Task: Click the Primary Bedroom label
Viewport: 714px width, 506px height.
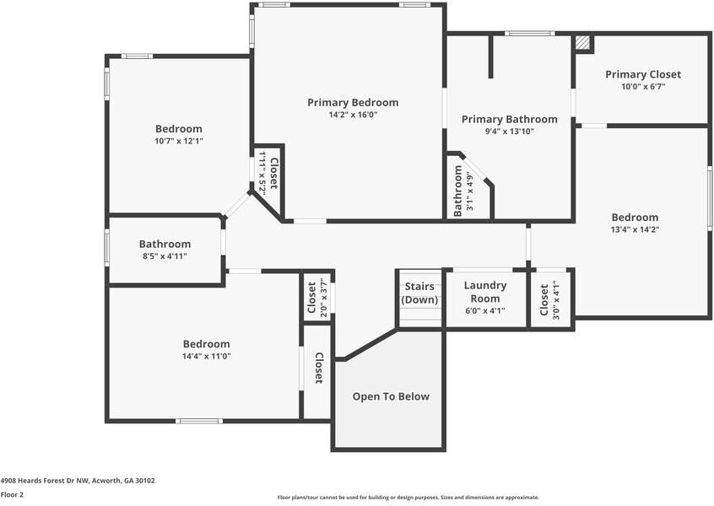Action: click(x=352, y=102)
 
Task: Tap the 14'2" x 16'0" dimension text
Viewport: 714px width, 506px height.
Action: click(x=352, y=115)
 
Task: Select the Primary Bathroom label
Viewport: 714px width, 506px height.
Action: click(x=509, y=119)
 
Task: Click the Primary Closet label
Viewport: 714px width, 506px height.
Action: click(x=643, y=74)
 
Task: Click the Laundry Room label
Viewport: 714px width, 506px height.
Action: click(x=485, y=292)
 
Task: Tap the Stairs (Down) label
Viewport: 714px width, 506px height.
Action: click(x=419, y=293)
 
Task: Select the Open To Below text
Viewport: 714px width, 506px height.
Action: click(x=391, y=396)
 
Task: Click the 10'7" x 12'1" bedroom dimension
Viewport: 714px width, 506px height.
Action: click(x=178, y=141)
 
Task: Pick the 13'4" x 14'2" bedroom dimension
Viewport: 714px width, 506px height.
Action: click(x=635, y=229)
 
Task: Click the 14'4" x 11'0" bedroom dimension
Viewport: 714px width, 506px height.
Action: click(x=206, y=356)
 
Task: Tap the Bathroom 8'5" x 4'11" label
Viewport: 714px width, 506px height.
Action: click(x=165, y=250)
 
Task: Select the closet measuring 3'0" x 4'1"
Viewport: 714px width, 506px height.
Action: click(x=549, y=299)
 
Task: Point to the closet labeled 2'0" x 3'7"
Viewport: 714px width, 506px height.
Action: click(x=317, y=298)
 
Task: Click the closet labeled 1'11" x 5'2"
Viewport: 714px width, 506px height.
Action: click(x=268, y=174)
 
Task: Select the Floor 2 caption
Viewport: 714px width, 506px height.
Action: click(x=12, y=495)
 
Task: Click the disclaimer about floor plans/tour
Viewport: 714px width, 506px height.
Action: click(x=408, y=498)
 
